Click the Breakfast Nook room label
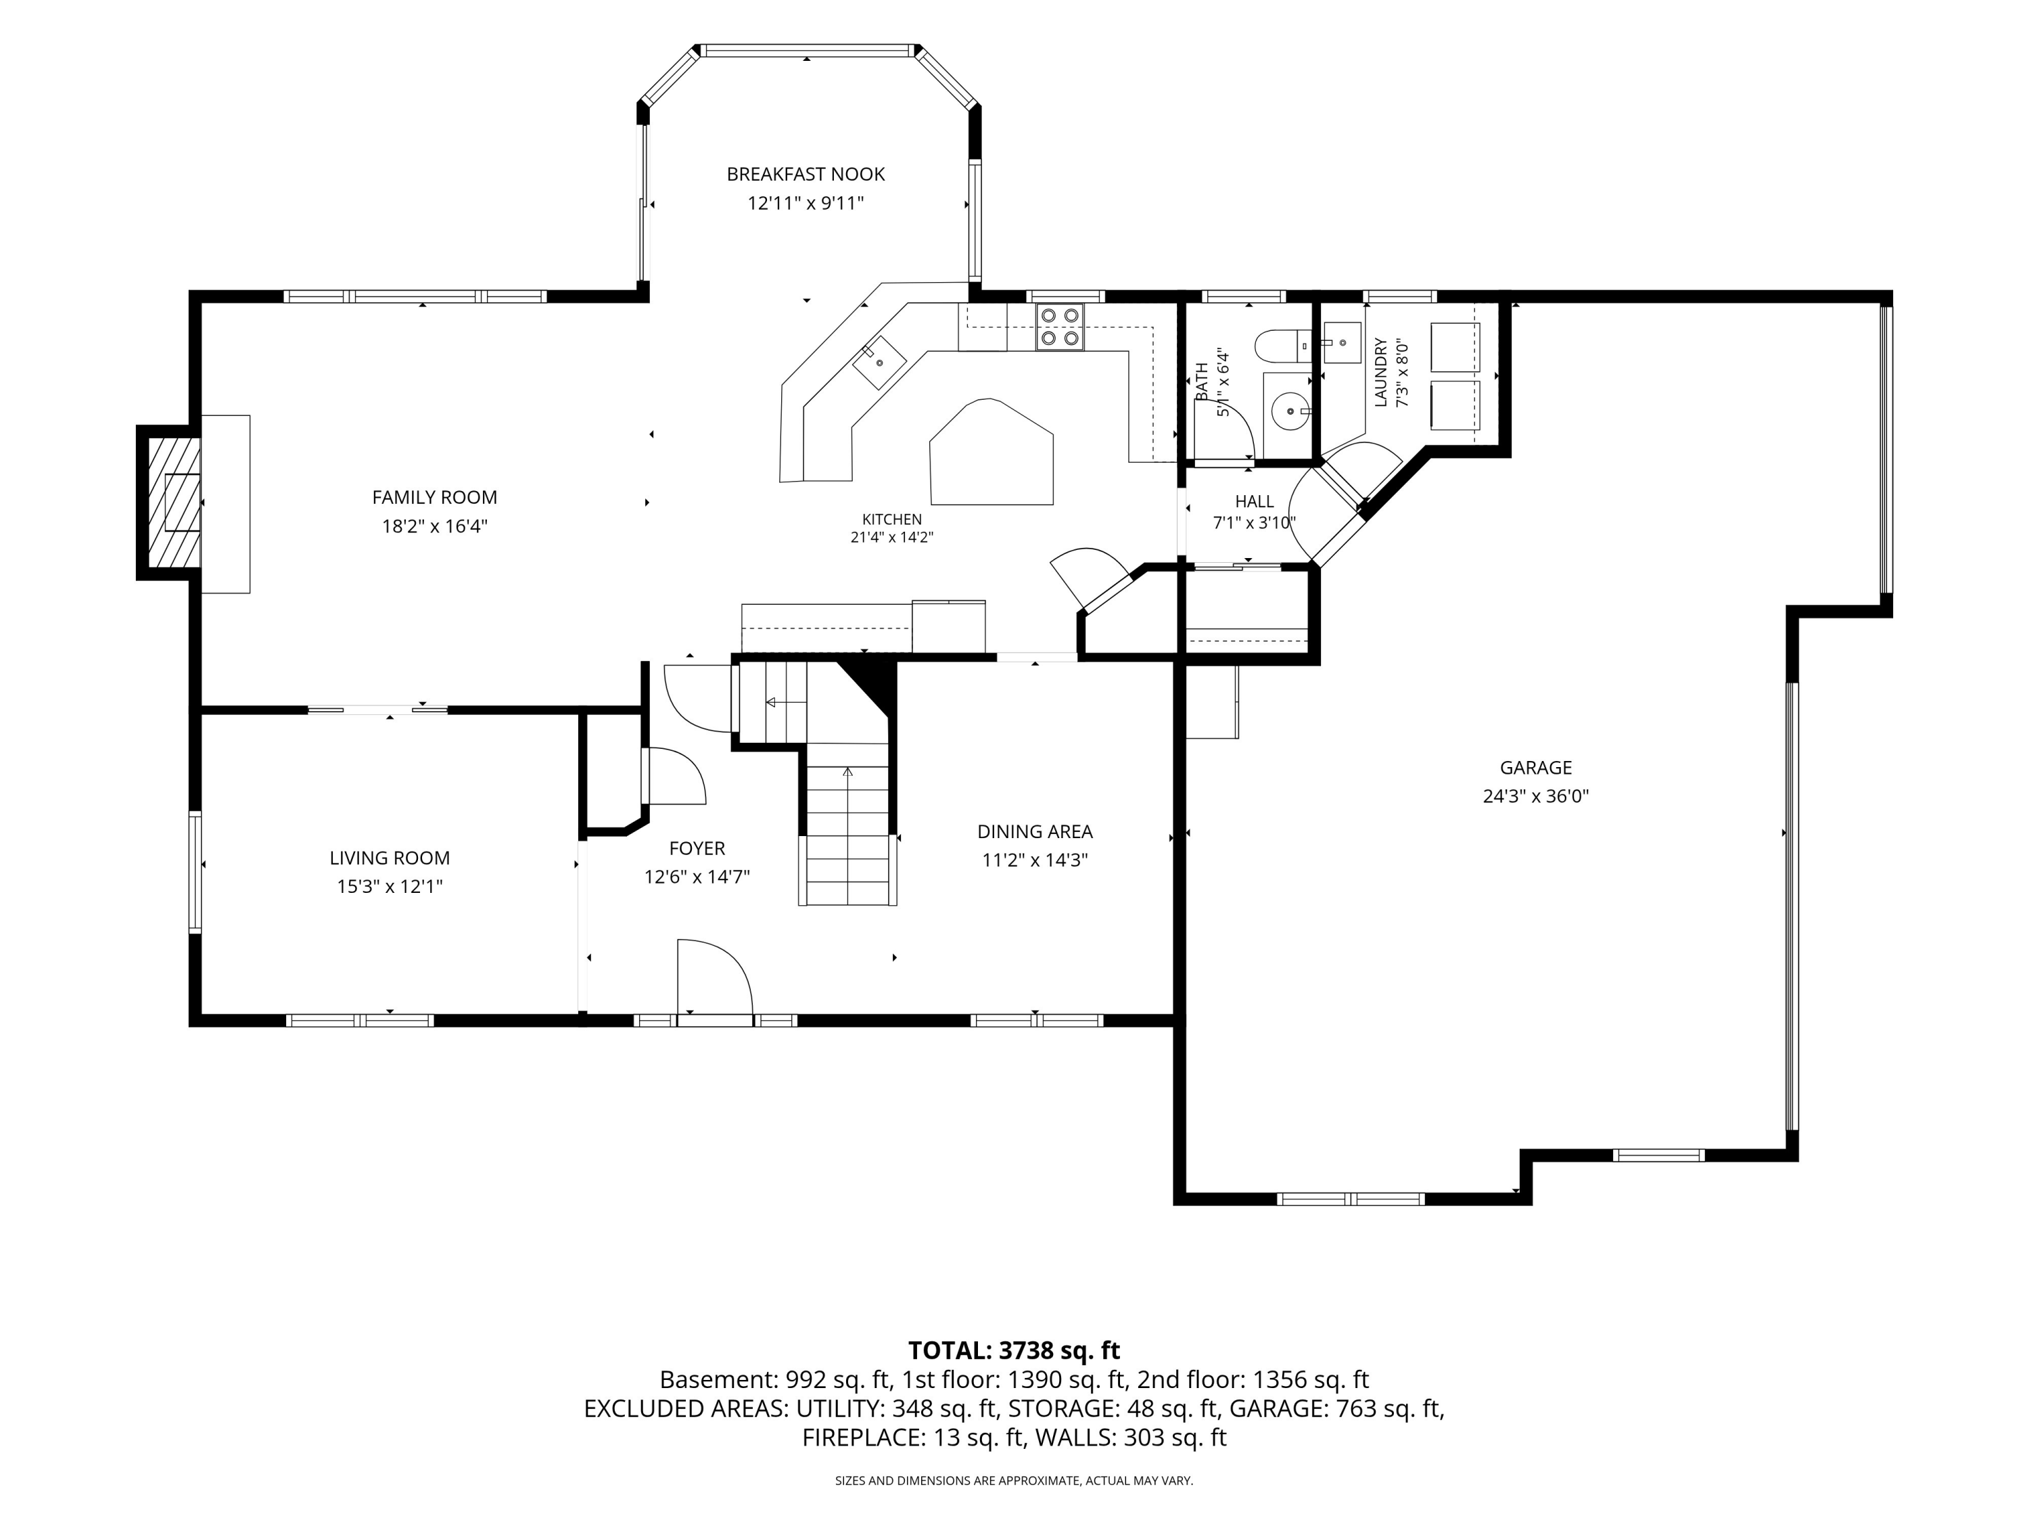[806, 175]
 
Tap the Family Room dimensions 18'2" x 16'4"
[435, 526]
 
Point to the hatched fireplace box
[170, 502]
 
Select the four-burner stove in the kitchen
[1059, 327]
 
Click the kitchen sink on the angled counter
[879, 363]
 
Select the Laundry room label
[1380, 373]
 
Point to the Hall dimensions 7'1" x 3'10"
[1254, 524]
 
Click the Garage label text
[1535, 768]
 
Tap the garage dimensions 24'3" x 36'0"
[1535, 796]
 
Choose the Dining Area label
[1035, 832]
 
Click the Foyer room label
[697, 849]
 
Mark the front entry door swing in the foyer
[715, 976]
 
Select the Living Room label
[390, 858]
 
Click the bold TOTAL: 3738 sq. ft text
[1014, 1350]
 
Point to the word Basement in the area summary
[718, 1380]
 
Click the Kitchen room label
[891, 520]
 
